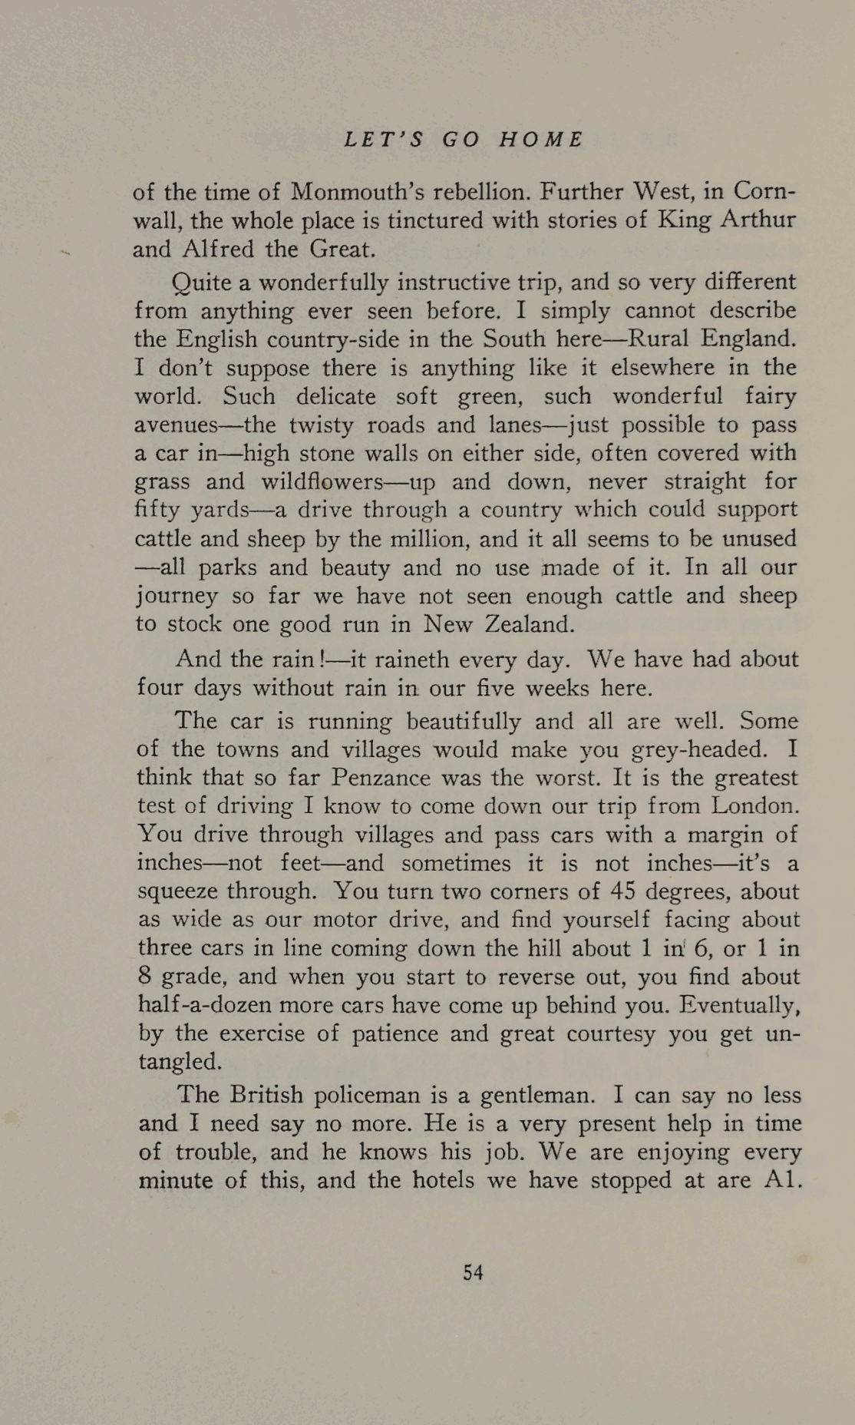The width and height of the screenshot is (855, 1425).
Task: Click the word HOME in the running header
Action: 541,140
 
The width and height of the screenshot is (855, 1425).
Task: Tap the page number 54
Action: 474,1273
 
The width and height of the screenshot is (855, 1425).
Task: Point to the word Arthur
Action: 758,220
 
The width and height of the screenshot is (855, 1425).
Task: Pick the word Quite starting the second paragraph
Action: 202,283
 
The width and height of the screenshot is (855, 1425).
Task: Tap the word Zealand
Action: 530,623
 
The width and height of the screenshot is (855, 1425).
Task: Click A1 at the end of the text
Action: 784,1179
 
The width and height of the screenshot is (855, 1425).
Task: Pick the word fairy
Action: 771,396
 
